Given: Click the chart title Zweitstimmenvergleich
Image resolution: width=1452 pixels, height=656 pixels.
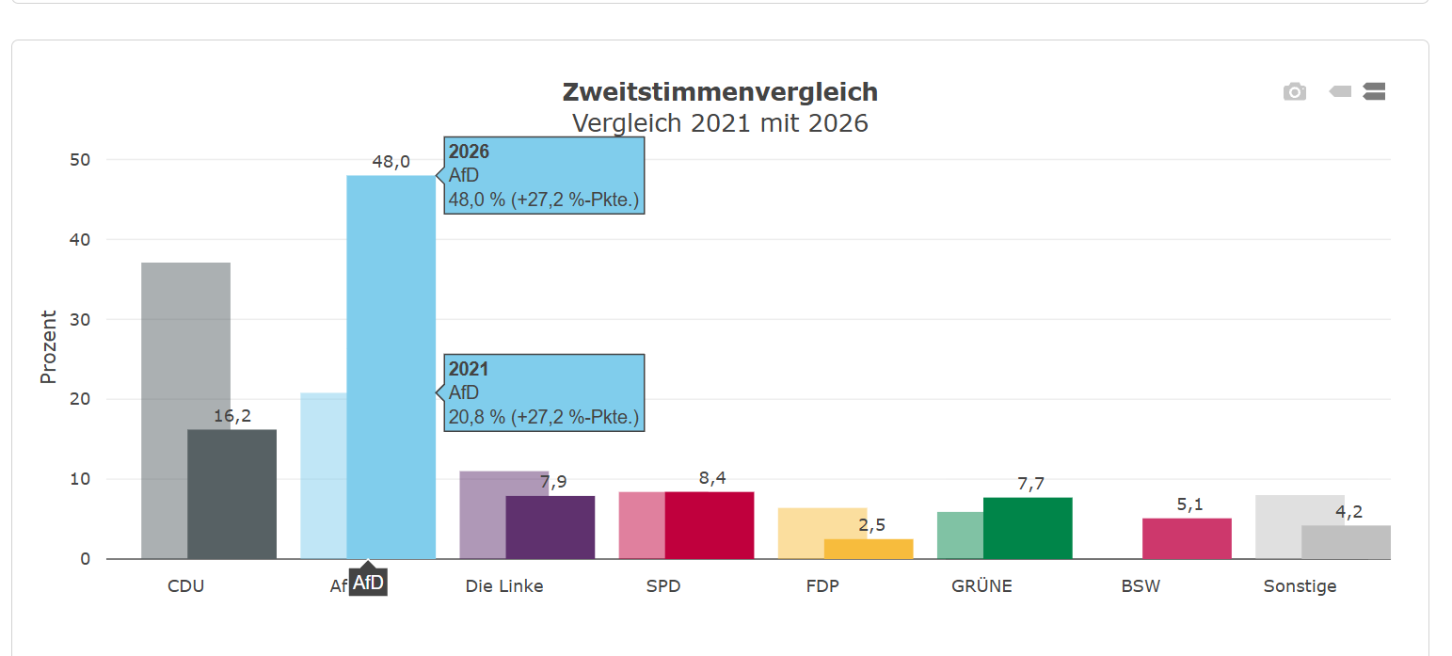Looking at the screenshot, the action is pyautogui.click(x=720, y=92).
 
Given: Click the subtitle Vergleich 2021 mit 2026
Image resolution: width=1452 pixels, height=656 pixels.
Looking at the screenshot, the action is pyautogui.click(x=720, y=123).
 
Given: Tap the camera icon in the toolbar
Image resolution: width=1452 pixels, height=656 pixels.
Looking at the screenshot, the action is pyautogui.click(x=1295, y=92).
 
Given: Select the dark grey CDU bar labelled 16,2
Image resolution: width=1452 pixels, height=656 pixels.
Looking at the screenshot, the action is pyautogui.click(x=232, y=494).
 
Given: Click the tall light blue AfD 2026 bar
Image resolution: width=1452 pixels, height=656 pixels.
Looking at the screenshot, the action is pyautogui.click(x=391, y=367).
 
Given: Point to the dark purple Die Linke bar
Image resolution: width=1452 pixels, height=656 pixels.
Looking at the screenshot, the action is pyautogui.click(x=550, y=527).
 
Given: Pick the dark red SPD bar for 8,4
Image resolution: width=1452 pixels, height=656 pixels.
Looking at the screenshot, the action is pyautogui.click(x=710, y=525).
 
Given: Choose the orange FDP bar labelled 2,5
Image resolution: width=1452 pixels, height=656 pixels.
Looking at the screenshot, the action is pyautogui.click(x=869, y=549).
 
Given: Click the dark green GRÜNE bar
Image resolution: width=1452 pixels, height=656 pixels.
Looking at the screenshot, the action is pyautogui.click(x=1028, y=528).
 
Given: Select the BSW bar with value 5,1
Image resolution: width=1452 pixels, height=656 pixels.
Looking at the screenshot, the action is pyautogui.click(x=1187, y=538).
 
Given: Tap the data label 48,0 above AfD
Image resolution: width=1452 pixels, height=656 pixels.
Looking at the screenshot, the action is pyautogui.click(x=391, y=161).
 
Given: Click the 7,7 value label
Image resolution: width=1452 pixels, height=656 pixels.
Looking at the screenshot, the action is pyautogui.click(x=1030, y=484).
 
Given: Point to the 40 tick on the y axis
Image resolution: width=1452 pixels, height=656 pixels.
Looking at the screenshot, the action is pyautogui.click(x=80, y=240).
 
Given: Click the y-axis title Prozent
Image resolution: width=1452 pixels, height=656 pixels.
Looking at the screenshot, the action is pyautogui.click(x=48, y=346).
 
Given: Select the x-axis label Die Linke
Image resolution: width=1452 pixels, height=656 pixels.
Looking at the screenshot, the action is pyautogui.click(x=504, y=586).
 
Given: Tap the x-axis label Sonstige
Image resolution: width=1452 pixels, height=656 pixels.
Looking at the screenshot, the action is pyautogui.click(x=1300, y=586).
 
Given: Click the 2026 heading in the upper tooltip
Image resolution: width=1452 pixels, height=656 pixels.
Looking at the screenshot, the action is pyautogui.click(x=469, y=152).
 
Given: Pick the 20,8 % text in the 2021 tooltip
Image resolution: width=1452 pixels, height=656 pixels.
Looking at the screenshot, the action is pyautogui.click(x=476, y=417).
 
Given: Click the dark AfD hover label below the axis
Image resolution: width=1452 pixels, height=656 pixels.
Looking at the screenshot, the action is pyautogui.click(x=368, y=582).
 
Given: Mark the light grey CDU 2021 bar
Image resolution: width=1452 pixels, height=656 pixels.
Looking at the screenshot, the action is pyautogui.click(x=186, y=410).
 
